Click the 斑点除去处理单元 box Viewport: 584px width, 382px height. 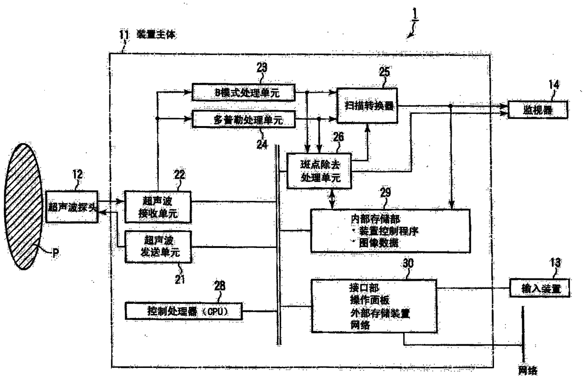pyautogui.click(x=319, y=171)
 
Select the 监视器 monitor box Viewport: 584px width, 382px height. pyautogui.click(x=537, y=111)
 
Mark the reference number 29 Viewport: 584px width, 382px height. pyautogui.click(x=385, y=194)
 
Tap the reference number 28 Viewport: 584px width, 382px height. pyautogui.click(x=219, y=286)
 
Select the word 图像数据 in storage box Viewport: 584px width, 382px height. pyautogui.click(x=374, y=243)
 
